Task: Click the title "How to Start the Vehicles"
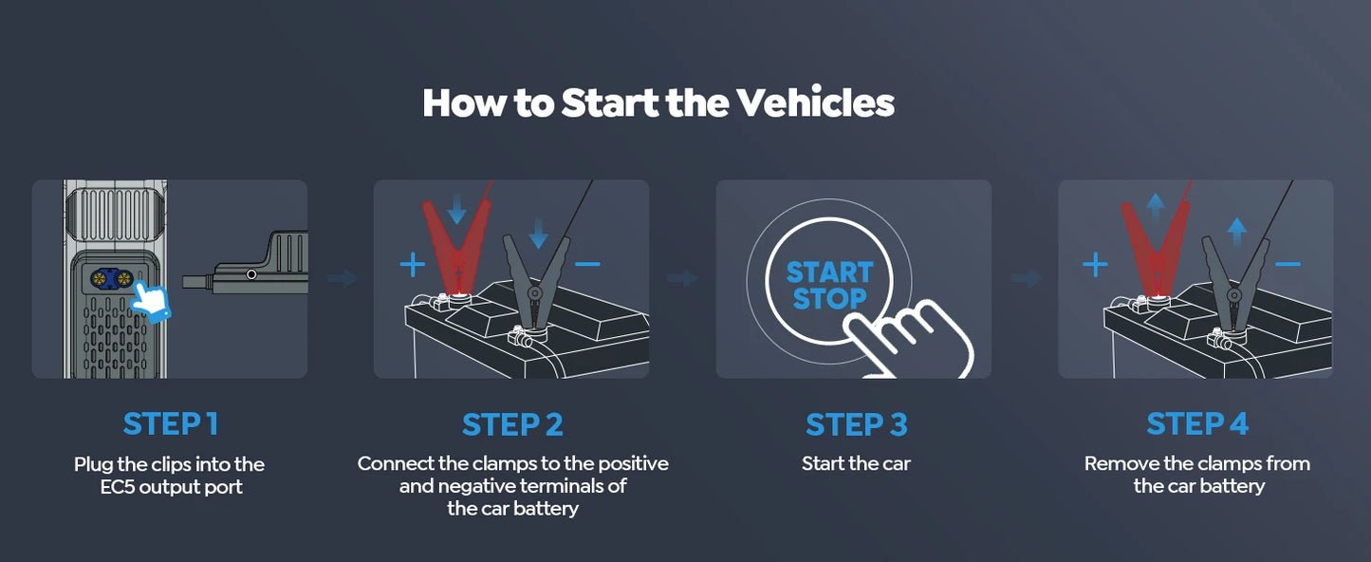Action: [658, 103]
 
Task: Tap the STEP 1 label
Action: [170, 424]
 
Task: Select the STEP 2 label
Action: [512, 424]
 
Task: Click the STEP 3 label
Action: [856, 424]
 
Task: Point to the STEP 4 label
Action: [1197, 424]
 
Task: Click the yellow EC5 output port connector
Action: [112, 278]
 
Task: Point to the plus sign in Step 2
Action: [412, 265]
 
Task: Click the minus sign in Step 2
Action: [587, 263]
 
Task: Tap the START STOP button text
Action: [828, 286]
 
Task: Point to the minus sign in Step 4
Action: [1288, 263]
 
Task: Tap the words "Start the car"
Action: [856, 464]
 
